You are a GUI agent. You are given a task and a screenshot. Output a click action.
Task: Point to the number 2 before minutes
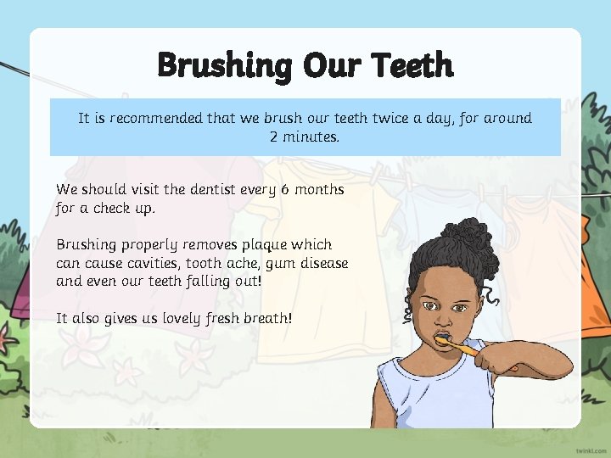[x=274, y=137]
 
